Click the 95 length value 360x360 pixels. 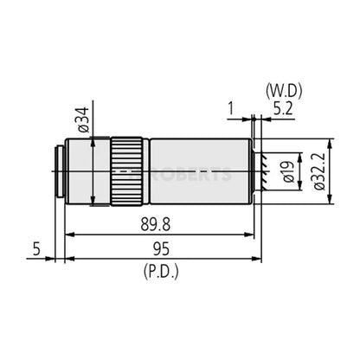pyautogui.click(x=157, y=250)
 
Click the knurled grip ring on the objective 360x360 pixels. pyautogui.click(x=125, y=170)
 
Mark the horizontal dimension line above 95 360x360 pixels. pyautogui.click(x=159, y=258)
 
